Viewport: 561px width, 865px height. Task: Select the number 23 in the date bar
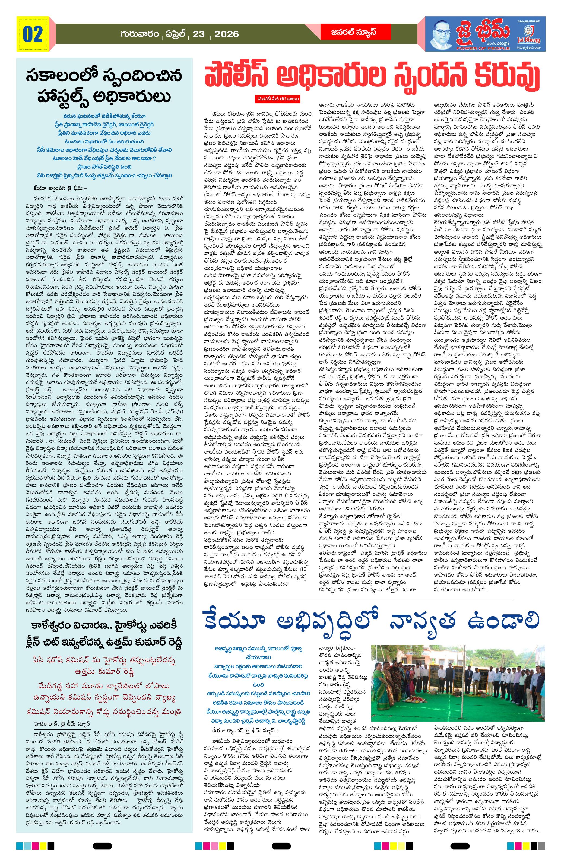point(198,34)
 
